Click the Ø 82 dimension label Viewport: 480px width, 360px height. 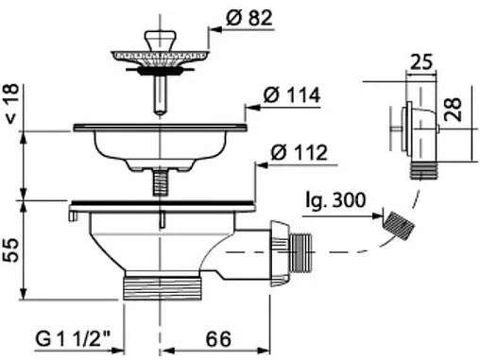click(249, 18)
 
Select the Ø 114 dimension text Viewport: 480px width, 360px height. click(292, 95)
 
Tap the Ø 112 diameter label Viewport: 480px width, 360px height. click(300, 153)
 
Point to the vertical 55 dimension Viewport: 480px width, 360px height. click(11, 249)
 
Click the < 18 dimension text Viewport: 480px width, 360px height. click(11, 103)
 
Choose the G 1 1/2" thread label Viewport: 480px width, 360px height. click(73, 339)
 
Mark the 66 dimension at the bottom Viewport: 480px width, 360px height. click(218, 339)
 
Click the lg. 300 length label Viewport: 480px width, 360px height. click(335, 200)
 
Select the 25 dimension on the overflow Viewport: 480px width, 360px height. click(421, 62)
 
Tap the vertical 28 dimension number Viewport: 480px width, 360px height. click(454, 110)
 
